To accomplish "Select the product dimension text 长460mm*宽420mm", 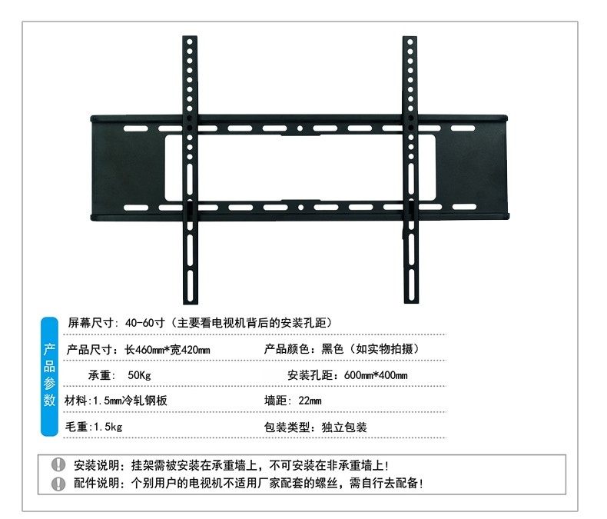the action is tap(168, 349).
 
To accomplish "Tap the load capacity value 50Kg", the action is tap(140, 375).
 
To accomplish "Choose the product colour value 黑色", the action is tap(335, 349).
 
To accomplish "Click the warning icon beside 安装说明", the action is tap(58, 465).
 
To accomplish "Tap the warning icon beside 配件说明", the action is tap(58, 484).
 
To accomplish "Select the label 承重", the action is tap(101, 375).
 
